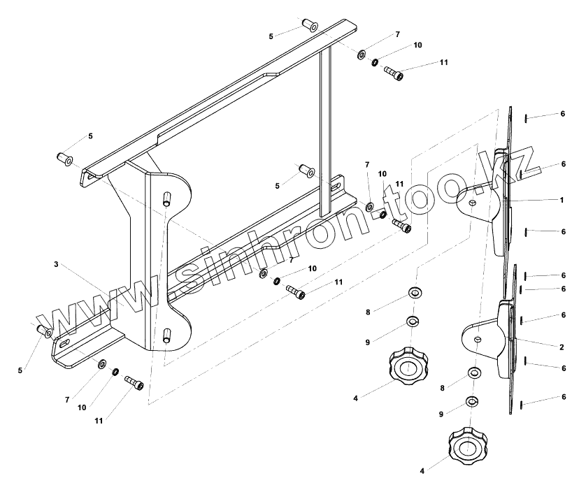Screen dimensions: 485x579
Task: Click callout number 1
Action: pyautogui.click(x=561, y=200)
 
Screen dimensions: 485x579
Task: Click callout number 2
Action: pyautogui.click(x=561, y=347)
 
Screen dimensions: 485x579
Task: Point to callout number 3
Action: pyautogui.click(x=55, y=265)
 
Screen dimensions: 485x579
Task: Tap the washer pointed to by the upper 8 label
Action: pyautogui.click(x=414, y=291)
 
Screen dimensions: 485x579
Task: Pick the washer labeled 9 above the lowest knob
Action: pyautogui.click(x=472, y=402)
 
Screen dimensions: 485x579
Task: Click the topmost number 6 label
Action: pyautogui.click(x=562, y=114)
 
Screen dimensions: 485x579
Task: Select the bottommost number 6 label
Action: pyautogui.click(x=563, y=397)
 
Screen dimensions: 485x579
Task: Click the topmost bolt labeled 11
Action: pyautogui.click(x=394, y=73)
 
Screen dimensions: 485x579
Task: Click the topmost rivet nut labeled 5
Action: pyautogui.click(x=310, y=26)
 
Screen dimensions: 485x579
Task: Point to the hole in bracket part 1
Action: pyautogui.click(x=473, y=202)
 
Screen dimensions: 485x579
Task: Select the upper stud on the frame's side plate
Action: pyautogui.click(x=166, y=198)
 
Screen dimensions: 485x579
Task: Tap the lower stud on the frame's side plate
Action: pyautogui.click(x=166, y=335)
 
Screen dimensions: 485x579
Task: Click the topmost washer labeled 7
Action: pyautogui.click(x=362, y=54)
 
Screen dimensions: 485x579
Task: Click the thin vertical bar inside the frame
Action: pyautogui.click(x=324, y=133)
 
